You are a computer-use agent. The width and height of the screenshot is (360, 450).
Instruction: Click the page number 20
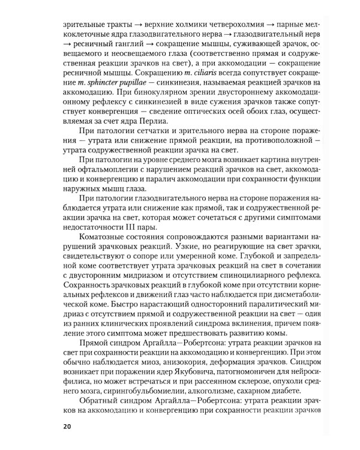(67, 427)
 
